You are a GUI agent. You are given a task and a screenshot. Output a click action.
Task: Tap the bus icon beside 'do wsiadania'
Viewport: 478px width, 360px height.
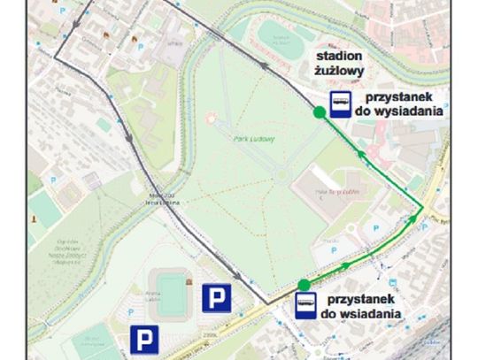305,307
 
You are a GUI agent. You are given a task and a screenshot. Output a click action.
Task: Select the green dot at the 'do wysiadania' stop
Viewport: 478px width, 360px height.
318,112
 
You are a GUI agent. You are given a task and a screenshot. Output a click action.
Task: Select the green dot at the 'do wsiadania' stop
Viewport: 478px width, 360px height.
304,284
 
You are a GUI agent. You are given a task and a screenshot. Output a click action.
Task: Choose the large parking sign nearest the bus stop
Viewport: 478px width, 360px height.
217,297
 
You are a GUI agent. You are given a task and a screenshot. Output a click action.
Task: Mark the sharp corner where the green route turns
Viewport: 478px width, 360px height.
418,214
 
